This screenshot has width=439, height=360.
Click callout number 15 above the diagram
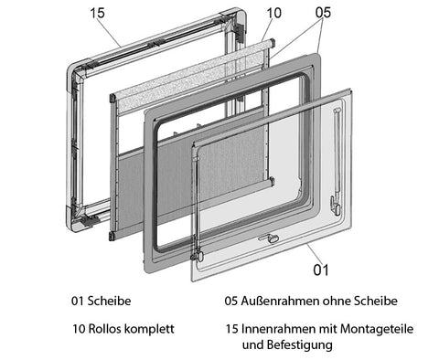pyautogui.click(x=98, y=13)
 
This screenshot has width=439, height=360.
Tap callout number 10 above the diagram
pyautogui.click(x=273, y=13)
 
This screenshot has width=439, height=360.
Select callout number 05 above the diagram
pyautogui.click(x=323, y=13)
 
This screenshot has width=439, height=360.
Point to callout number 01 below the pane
pyautogui.click(x=321, y=270)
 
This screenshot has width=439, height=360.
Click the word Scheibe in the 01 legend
pyautogui.click(x=109, y=301)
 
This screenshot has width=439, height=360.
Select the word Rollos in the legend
pyautogui.click(x=104, y=329)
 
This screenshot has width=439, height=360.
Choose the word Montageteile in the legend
pyautogui.click(x=377, y=329)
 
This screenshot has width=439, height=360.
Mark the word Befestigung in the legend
pyautogui.click(x=300, y=345)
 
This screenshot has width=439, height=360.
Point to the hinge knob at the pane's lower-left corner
pyautogui.click(x=199, y=255)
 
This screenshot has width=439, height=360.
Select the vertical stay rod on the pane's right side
pyautogui.click(x=337, y=154)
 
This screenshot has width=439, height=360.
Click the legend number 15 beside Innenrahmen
pyautogui.click(x=232, y=329)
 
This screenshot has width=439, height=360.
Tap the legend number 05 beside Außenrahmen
pyautogui.click(x=230, y=301)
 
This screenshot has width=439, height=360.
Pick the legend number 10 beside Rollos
pyautogui.click(x=79, y=329)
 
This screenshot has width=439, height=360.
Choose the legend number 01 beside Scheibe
pyautogui.click(x=78, y=301)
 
